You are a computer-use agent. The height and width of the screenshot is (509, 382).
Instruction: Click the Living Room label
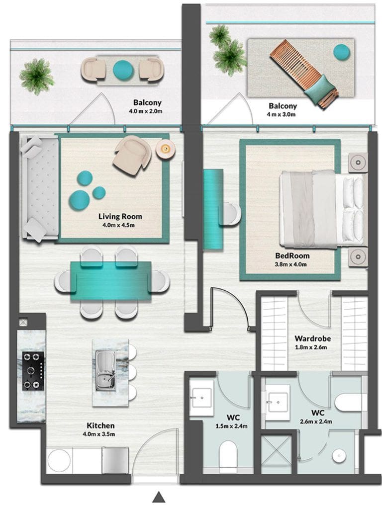click(x=120, y=216)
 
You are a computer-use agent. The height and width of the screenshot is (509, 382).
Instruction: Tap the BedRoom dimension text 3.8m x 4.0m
click(x=290, y=264)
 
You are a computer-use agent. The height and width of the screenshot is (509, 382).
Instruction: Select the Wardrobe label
click(x=313, y=339)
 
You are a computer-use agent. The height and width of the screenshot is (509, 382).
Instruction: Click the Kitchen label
click(x=100, y=425)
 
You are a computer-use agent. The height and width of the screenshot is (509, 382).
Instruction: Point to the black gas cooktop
click(x=33, y=371)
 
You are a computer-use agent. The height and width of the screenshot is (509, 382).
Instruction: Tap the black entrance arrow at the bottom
click(x=159, y=497)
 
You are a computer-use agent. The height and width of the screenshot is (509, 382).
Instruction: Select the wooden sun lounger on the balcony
click(x=303, y=73)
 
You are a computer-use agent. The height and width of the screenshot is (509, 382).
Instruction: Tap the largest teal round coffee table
click(x=79, y=199)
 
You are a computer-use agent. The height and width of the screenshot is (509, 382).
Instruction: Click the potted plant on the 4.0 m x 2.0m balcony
click(x=36, y=77)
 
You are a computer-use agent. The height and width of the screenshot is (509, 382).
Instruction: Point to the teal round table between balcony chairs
click(x=123, y=70)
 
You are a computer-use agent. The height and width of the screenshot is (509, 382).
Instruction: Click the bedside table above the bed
click(x=358, y=162)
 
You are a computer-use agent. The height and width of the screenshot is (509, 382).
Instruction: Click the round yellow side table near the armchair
click(x=166, y=149)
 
